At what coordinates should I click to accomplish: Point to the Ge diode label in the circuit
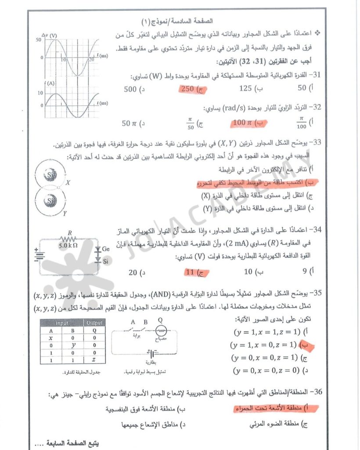[x=106, y=249]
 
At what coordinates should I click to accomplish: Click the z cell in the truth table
[x=94, y=359]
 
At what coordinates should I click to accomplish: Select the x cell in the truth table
[x=51, y=338]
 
